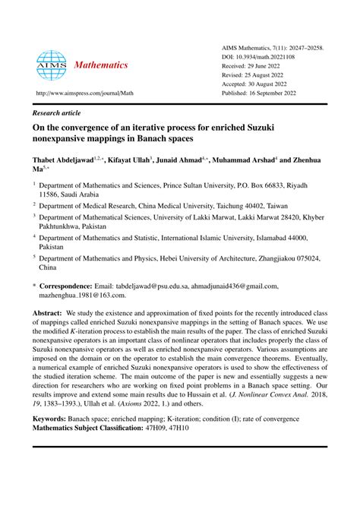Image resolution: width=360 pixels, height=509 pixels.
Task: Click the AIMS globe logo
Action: click(x=51, y=66)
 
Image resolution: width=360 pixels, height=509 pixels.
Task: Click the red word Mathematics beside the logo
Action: click(x=101, y=65)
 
